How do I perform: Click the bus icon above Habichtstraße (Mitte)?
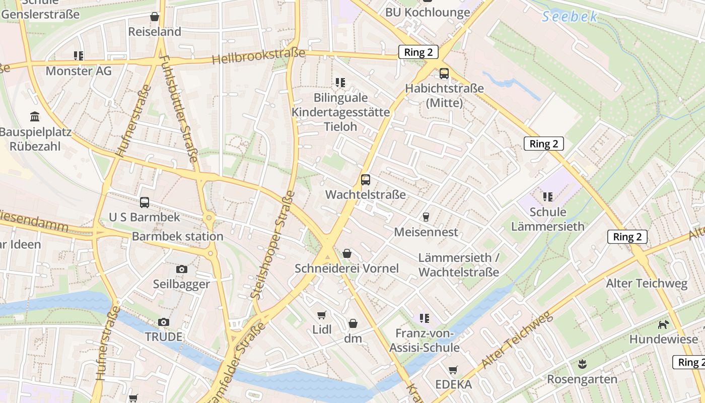pyautogui.click(x=444, y=74)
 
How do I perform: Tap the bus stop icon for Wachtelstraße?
pyautogui.click(x=366, y=180)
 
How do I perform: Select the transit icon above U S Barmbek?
pyautogui.click(x=145, y=203)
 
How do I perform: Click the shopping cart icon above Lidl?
pyautogui.click(x=322, y=315)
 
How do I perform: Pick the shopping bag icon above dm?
pyautogui.click(x=353, y=323)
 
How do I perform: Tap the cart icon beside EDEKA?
pyautogui.click(x=453, y=370)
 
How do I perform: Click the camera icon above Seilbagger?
pyautogui.click(x=182, y=269)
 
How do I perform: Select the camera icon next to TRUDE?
pyautogui.click(x=164, y=322)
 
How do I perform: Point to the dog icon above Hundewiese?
pyautogui.click(x=664, y=324)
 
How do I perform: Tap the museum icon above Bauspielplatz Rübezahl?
pyautogui.click(x=35, y=117)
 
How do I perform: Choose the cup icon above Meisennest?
pyautogui.click(x=426, y=217)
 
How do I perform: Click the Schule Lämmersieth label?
pyautogui.click(x=548, y=219)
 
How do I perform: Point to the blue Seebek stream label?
pyautogui.click(x=570, y=17)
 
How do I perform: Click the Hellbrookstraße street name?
pyautogui.click(x=258, y=56)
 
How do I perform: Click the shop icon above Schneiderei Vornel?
pyautogui.click(x=347, y=253)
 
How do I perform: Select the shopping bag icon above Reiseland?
pyautogui.click(x=155, y=17)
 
